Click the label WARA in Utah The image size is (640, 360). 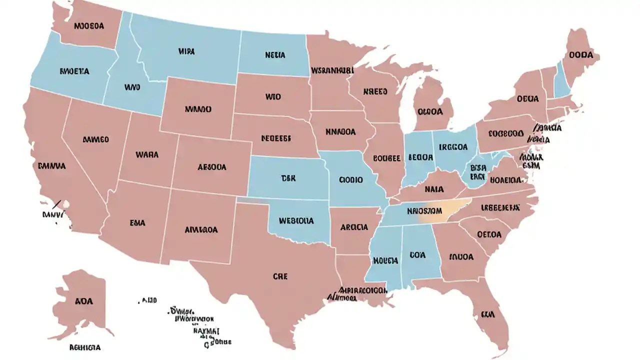(x=147, y=155)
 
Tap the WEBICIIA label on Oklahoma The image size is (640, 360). (x=296, y=220)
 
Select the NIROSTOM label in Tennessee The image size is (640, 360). (x=424, y=210)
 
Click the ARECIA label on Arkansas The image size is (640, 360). (x=354, y=226)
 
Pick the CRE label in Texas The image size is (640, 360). (x=280, y=276)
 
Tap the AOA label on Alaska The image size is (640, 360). (x=83, y=301)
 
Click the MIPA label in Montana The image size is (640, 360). (x=186, y=51)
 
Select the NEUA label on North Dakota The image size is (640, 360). (x=275, y=56)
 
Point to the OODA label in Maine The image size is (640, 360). (x=580, y=55)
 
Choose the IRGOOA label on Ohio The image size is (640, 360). (x=453, y=147)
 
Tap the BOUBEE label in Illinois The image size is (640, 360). (x=386, y=158)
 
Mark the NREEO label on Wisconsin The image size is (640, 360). (x=375, y=92)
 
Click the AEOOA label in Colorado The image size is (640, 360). (x=211, y=167)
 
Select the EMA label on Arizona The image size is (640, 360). (x=137, y=223)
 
